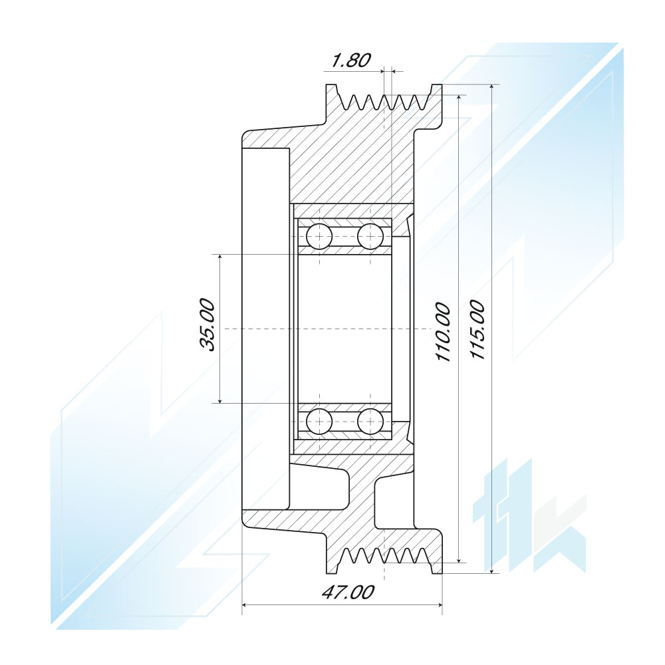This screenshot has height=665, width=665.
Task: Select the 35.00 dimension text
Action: [x=207, y=325]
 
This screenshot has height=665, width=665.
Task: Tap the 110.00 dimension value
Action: [x=442, y=332]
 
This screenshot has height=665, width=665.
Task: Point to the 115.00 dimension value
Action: [x=477, y=330]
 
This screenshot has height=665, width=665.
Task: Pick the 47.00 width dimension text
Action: [x=348, y=592]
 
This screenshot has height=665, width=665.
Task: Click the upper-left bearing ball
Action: [x=319, y=236]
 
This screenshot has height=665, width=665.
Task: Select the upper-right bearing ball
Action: [x=370, y=236]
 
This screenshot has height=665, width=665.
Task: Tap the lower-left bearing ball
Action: [x=319, y=422]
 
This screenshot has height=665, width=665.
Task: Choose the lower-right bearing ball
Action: [x=370, y=422]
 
